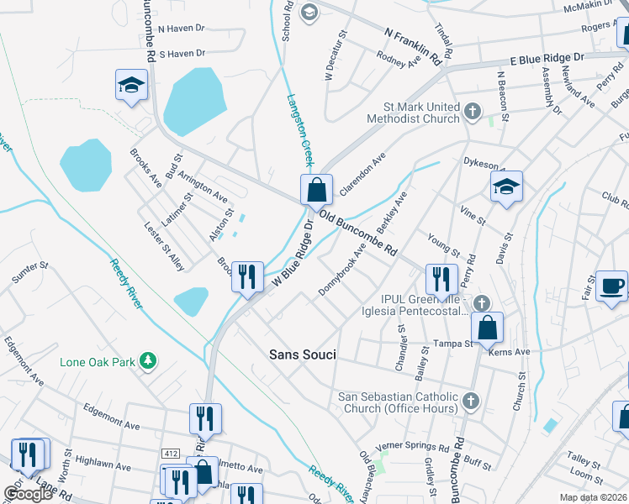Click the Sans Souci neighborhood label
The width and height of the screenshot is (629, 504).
click(302, 355)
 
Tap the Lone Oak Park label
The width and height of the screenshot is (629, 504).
click(98, 363)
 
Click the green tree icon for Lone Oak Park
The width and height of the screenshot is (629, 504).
click(148, 360)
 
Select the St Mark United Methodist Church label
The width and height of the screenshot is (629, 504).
click(421, 113)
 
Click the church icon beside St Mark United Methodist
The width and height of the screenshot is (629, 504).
click(473, 110)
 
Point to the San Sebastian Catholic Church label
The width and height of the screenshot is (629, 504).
click(398, 402)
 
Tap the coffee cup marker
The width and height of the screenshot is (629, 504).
click(611, 286)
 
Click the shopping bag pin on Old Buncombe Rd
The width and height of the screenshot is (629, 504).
click(316, 191)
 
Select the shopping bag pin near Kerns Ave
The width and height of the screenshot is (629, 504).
click(488, 328)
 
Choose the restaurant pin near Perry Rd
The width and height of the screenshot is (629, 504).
click(441, 279)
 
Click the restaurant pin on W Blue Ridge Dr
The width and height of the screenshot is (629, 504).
click(246, 276)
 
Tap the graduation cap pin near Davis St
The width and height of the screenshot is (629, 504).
click(506, 188)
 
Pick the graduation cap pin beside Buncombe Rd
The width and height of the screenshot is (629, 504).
click(131, 86)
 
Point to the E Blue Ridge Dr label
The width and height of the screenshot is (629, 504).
click(547, 60)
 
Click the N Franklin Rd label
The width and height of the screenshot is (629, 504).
click(413, 46)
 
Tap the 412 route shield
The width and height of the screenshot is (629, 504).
click(171, 454)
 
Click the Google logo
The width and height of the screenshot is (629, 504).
click(28, 494)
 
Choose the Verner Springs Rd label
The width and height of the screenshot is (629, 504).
click(412, 445)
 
